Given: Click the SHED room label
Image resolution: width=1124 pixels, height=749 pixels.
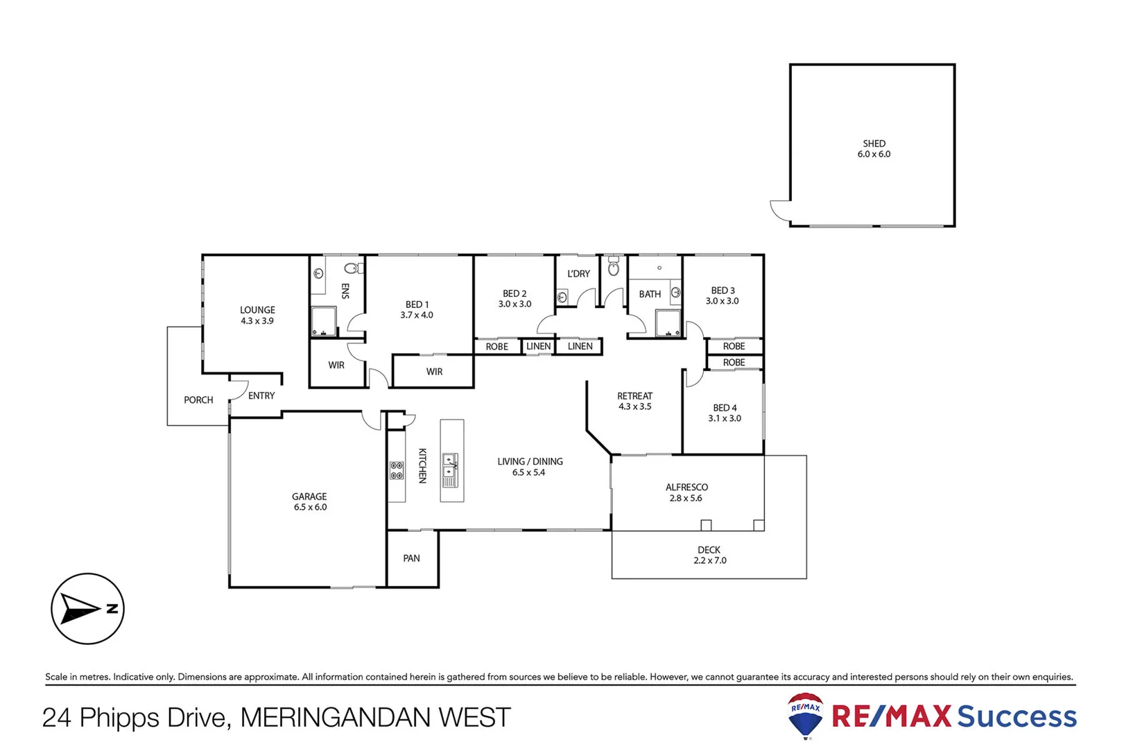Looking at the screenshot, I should coord(874,144).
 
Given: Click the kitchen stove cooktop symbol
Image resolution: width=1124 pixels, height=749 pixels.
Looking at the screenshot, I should coord(397,471).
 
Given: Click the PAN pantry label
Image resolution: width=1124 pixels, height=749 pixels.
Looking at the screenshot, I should coord(411,558).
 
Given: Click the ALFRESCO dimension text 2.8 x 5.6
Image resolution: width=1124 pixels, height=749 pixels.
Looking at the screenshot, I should coord(685,498).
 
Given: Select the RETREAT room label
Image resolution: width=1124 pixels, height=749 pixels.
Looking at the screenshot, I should coord(634,396).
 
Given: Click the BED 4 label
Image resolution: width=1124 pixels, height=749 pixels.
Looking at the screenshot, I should coord(725,408).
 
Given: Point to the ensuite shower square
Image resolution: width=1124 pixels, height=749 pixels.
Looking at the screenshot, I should coord(323,322).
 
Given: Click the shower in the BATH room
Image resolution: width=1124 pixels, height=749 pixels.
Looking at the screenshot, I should coord(668,323).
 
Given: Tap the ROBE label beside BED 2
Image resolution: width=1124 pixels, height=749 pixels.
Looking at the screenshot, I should coord(496,347).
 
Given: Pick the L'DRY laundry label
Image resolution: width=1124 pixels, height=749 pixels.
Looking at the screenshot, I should coord(578,274).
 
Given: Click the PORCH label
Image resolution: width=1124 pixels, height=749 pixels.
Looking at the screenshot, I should coord(198,400).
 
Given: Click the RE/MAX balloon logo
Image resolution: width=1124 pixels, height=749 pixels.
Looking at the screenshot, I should coord(806,715).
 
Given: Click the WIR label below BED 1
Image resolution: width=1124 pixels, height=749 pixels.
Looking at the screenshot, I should coord(434,372).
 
